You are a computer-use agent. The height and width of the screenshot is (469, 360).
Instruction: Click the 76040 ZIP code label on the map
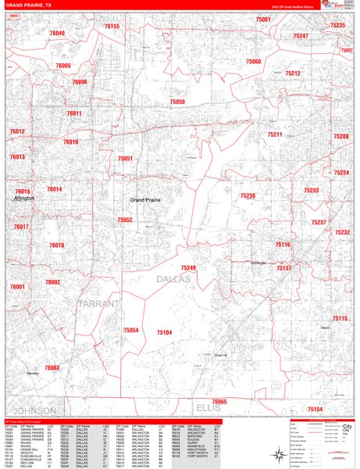57,34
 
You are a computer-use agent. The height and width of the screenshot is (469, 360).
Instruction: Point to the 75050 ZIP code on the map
177,102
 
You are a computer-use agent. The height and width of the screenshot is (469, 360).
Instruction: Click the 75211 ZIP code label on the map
274,135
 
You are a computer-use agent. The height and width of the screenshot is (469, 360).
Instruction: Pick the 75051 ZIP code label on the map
125,159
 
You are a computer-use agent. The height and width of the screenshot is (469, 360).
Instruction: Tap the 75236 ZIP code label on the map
248,196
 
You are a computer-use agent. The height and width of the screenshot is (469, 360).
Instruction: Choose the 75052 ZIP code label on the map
125,220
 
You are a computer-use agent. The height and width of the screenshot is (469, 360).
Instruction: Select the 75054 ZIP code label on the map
130,331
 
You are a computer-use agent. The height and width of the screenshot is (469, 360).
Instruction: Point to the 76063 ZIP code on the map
52,367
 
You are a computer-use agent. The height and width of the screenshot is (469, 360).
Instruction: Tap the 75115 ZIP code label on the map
339,318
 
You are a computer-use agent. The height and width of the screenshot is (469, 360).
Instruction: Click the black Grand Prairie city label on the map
144,201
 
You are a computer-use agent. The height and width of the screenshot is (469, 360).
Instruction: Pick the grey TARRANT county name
98,303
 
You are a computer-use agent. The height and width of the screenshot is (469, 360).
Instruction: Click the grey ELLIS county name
209,407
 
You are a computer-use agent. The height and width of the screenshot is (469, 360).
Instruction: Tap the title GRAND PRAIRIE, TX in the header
30,5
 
